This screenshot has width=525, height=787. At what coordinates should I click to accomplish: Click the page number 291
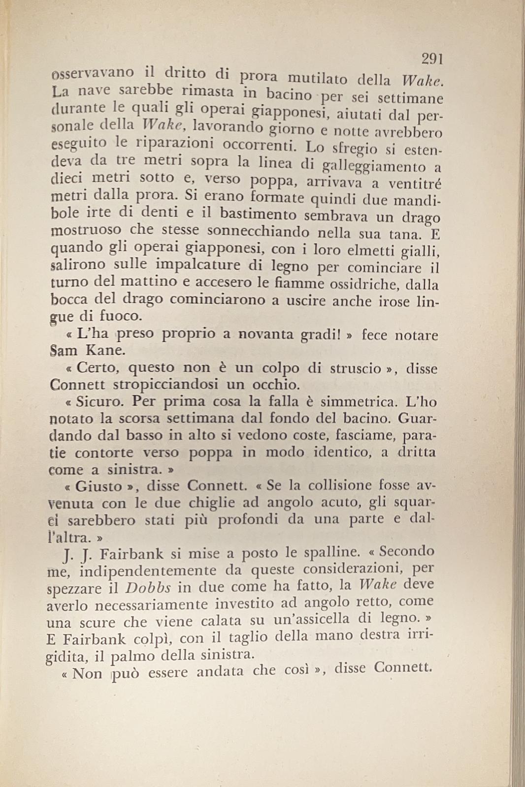432,60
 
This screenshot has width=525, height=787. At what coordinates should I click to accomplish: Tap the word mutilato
317,78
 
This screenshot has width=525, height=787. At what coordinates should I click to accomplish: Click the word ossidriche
374,285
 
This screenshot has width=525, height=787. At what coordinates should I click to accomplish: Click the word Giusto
99,486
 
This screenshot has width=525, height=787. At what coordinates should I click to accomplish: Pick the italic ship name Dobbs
148,588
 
